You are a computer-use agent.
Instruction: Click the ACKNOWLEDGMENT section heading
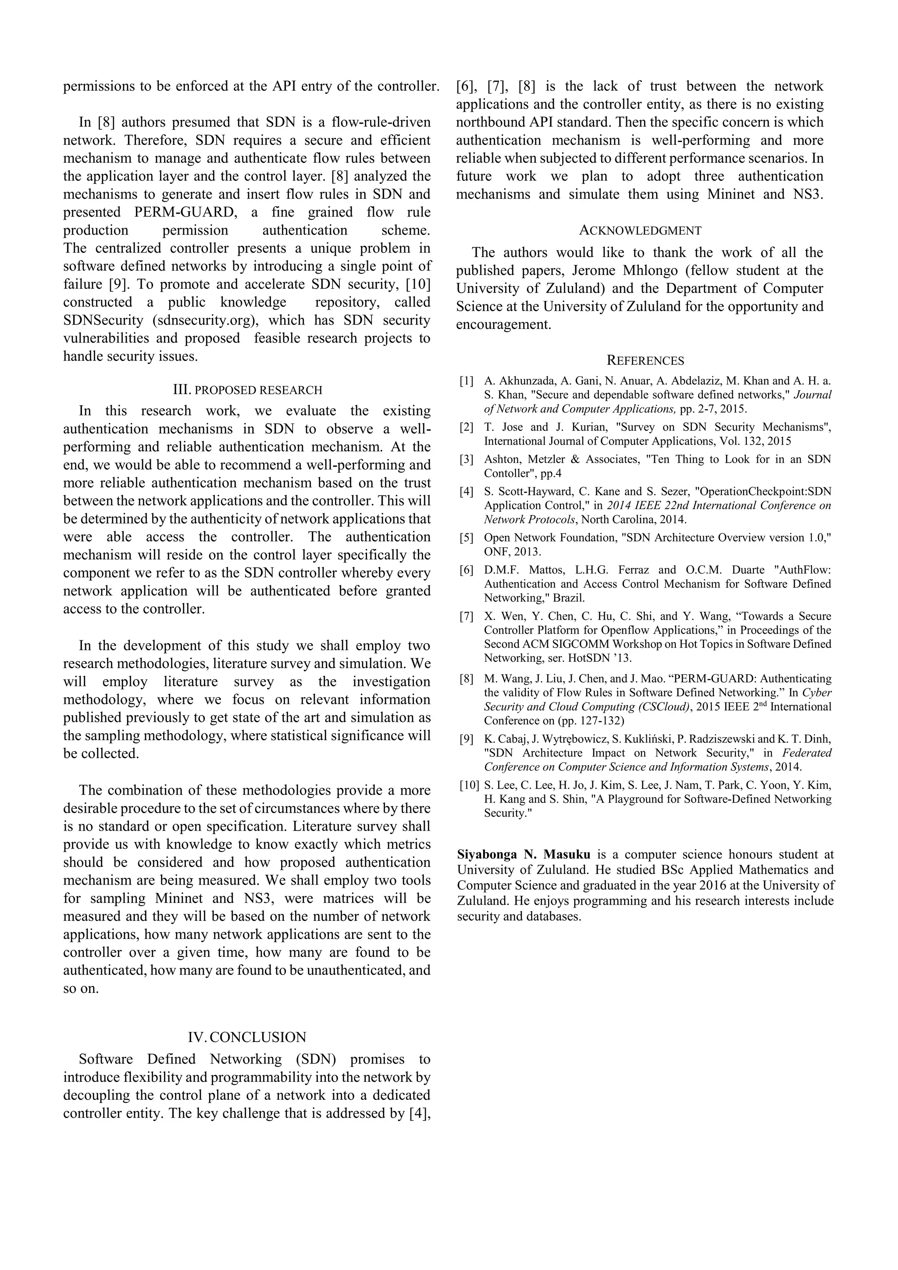click(x=640, y=231)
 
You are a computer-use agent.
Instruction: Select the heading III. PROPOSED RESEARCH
click(x=247, y=390)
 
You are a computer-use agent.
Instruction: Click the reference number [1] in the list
click(x=466, y=381)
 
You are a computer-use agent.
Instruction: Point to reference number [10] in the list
click(x=468, y=785)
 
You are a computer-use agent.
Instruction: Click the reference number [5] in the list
click(x=466, y=538)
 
